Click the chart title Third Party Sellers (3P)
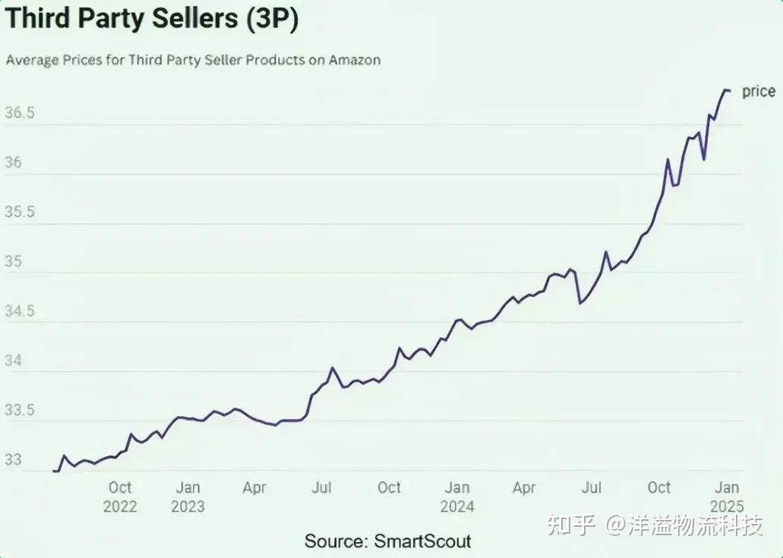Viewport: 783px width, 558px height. tap(152, 19)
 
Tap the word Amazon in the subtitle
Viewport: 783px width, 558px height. tap(355, 60)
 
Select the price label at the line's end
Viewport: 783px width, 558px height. tap(759, 92)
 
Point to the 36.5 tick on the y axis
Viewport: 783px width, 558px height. tap(20, 112)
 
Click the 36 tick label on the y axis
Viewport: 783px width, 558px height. tap(13, 162)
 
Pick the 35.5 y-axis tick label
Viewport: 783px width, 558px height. tap(20, 212)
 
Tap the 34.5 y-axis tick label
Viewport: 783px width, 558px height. tap(20, 311)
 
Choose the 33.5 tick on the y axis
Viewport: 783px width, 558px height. tap(20, 410)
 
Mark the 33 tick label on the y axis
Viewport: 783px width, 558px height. tap(13, 459)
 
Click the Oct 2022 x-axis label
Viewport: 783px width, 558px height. tap(120, 497)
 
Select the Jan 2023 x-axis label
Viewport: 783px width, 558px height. tap(188, 497)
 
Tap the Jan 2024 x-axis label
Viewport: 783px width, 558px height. tap(457, 497)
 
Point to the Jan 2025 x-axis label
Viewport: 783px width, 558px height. tap(727, 497)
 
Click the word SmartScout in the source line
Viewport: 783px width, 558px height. tap(422, 541)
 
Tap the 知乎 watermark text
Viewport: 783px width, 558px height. tap(571, 525)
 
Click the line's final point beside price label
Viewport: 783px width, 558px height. tap(730, 90)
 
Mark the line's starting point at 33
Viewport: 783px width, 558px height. tap(53, 471)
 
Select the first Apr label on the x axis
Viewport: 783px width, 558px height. tap(254, 487)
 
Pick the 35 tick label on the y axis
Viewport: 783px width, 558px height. tap(13, 261)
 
